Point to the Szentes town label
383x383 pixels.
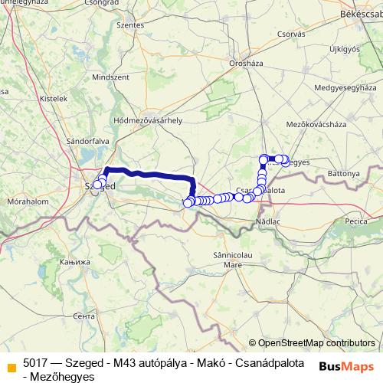click(129, 25)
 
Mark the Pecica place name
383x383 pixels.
click(356, 221)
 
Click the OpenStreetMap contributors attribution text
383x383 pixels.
click(316, 343)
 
